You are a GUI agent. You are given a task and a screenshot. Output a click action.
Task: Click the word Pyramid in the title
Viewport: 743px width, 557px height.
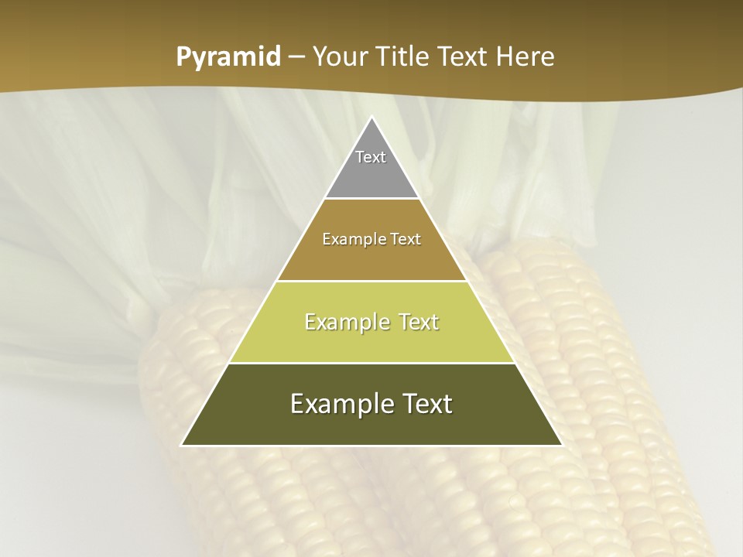point(228,57)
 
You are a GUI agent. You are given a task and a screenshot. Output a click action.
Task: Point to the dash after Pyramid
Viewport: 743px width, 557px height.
point(296,57)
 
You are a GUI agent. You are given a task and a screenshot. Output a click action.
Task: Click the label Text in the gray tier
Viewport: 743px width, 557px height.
point(371,157)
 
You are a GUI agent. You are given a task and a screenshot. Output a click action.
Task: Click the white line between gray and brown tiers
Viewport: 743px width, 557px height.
point(371,199)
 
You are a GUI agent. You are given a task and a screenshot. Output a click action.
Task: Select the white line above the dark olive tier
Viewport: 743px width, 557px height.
point(371,363)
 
